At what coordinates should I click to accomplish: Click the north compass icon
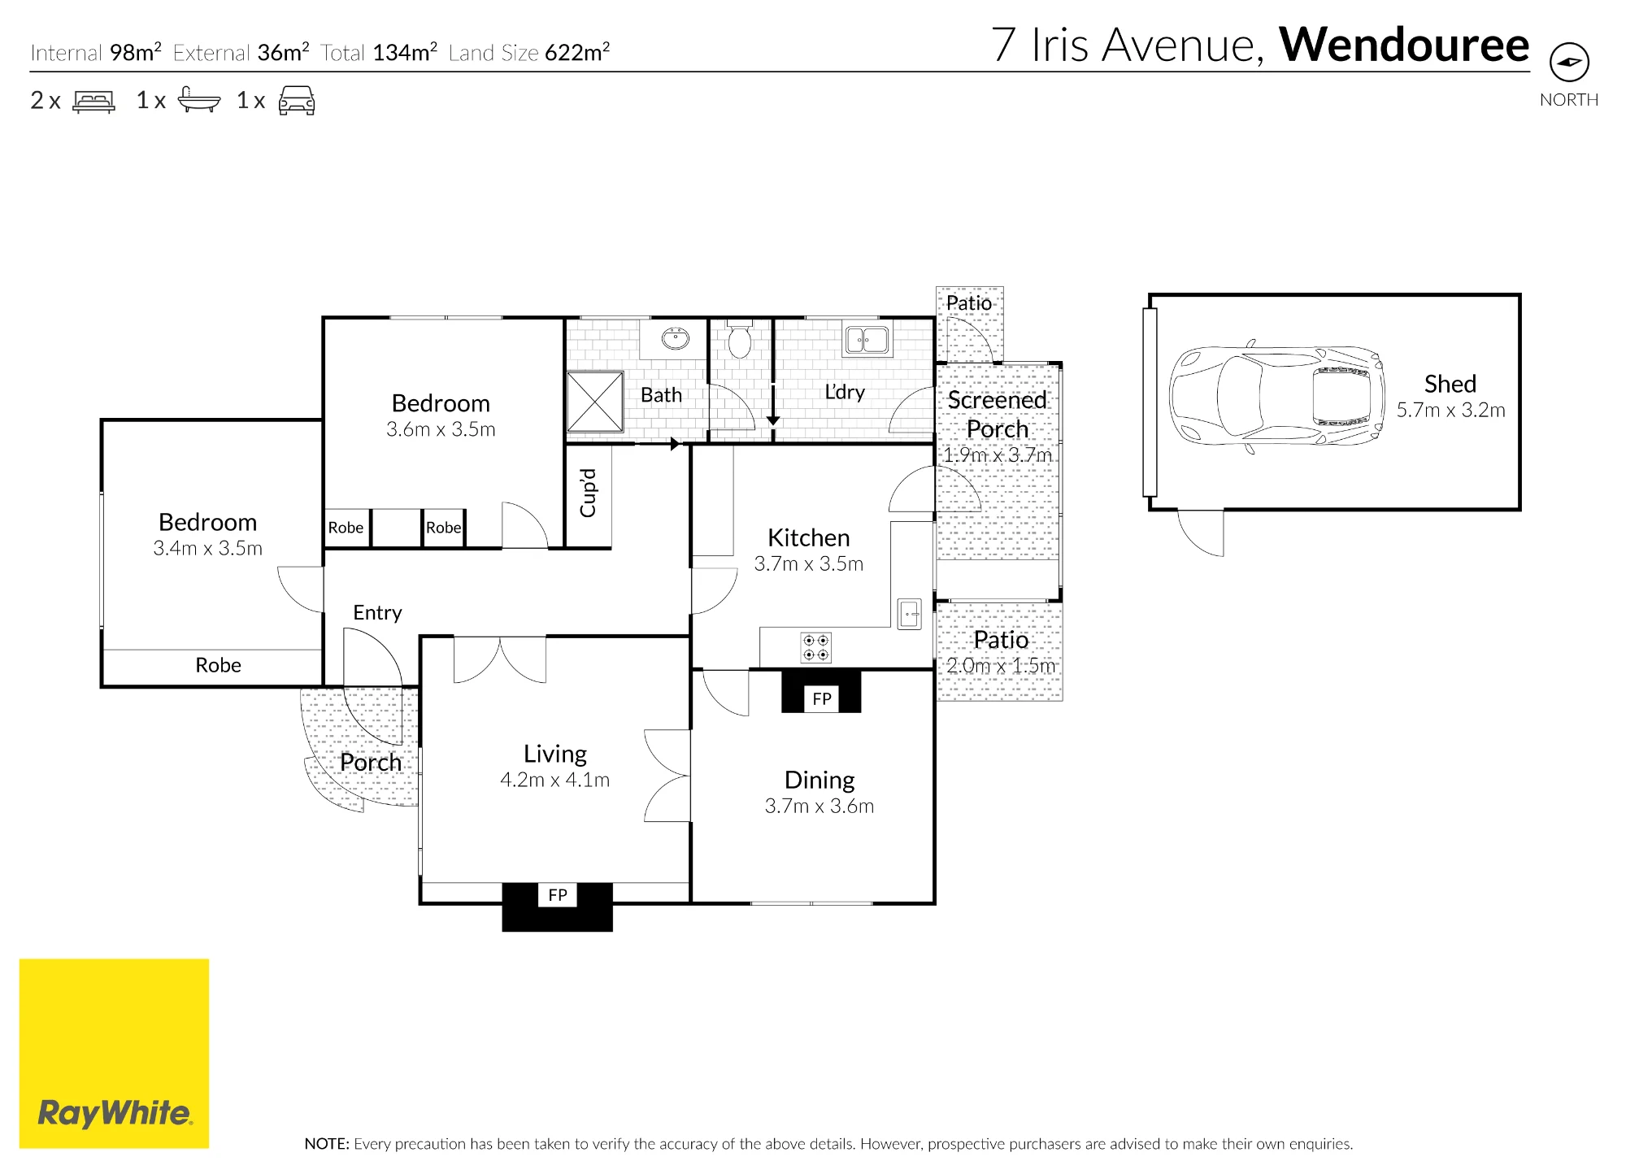coord(1569,62)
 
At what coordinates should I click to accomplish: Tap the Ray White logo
coord(114,1054)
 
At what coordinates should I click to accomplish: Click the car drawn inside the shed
coord(1277,396)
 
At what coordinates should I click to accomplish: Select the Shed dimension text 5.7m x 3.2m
coord(1450,411)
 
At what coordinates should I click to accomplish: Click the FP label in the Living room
coord(558,895)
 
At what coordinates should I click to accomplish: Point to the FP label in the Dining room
coord(822,698)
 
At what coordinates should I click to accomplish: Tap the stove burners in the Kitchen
coord(816,647)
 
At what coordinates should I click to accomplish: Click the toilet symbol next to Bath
coord(739,341)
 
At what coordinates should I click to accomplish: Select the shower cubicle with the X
coord(595,402)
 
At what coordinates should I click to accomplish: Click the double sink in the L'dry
coord(867,340)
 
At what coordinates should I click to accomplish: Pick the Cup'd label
coord(588,493)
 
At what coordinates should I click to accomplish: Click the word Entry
coord(377,613)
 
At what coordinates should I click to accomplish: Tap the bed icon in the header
coord(93,101)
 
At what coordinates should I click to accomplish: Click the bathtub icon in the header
coord(198,100)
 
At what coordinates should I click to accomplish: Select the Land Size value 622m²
coord(577,51)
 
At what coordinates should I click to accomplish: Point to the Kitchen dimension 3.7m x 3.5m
coord(809,564)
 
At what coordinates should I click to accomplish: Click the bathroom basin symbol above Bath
coord(675,338)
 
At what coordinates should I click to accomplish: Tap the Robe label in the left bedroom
coord(218,665)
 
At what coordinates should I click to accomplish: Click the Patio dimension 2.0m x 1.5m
coord(1001,666)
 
